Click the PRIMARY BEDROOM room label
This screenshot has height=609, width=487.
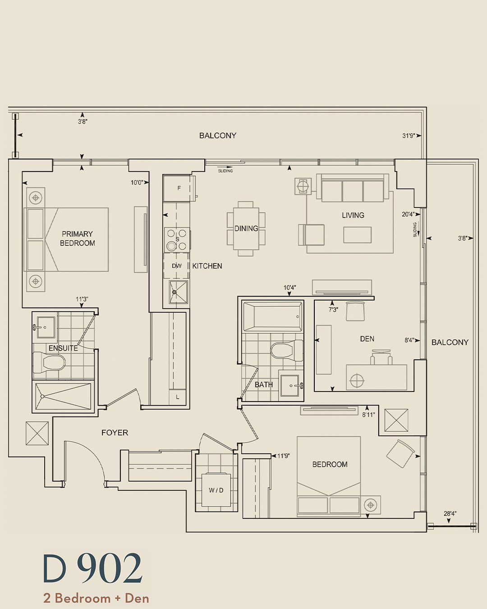(77, 238)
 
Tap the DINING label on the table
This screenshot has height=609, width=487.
(246, 228)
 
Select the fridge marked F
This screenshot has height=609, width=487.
(177, 188)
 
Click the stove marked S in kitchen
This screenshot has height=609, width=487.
(177, 240)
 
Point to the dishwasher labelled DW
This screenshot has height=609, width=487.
(176, 266)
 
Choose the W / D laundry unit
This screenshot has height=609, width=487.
(216, 490)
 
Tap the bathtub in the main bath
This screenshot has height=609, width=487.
(272, 317)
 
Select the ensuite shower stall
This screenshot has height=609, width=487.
(63, 396)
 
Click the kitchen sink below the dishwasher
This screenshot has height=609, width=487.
(178, 292)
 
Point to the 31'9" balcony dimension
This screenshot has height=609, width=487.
(409, 135)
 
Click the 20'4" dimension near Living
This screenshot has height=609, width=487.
(408, 214)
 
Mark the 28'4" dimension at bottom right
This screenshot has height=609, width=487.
(450, 513)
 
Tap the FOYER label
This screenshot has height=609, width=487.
(115, 440)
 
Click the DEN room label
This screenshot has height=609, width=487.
(367, 338)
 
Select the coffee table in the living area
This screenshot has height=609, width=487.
(358, 235)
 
